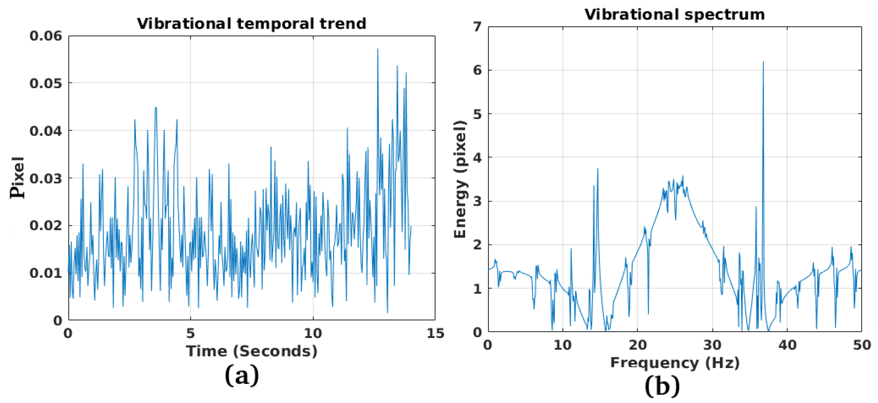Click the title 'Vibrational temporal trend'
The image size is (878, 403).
coord(252,24)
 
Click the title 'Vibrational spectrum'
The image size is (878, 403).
coord(675,15)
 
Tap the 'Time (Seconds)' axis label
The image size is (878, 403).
coord(252,351)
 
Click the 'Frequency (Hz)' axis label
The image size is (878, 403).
coord(675,363)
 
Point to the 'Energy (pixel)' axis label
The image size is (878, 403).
coord(460,179)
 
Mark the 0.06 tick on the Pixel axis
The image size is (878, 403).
coord(46,36)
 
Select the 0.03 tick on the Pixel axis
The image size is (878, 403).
coord(46,178)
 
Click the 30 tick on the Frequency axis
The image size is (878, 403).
coord(712,345)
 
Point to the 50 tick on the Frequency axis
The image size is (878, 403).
coord(862,345)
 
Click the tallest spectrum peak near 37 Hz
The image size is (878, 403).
coord(763,62)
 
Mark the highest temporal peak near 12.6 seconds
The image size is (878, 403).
coord(378,49)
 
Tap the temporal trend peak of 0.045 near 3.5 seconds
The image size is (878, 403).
coord(156,108)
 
